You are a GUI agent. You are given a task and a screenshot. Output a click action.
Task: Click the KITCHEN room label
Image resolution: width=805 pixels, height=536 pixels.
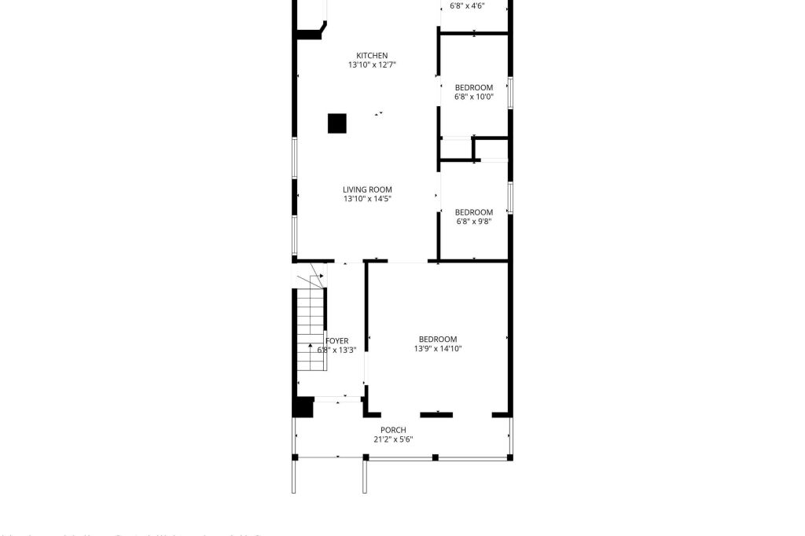pyautogui.click(x=372, y=55)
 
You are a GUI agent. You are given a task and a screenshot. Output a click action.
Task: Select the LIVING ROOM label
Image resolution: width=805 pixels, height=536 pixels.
pyautogui.click(x=367, y=189)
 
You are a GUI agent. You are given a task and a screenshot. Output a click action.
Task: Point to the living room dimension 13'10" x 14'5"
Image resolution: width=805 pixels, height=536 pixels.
pyautogui.click(x=367, y=200)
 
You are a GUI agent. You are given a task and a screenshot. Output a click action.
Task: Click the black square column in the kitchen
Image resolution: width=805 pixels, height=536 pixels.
pyautogui.click(x=337, y=123)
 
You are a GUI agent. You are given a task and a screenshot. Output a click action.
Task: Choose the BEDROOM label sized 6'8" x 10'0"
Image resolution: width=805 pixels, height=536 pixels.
pyautogui.click(x=474, y=87)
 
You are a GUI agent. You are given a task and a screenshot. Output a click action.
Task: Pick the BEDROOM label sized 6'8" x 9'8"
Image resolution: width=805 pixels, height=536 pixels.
pyautogui.click(x=474, y=212)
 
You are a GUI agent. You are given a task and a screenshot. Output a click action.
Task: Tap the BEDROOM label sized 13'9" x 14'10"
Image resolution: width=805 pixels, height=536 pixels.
pyautogui.click(x=438, y=339)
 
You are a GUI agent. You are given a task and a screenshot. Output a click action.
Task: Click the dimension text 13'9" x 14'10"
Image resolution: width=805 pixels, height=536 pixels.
pyautogui.click(x=438, y=349)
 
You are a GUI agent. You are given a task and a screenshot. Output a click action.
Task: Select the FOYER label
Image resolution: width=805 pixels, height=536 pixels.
pyautogui.click(x=337, y=341)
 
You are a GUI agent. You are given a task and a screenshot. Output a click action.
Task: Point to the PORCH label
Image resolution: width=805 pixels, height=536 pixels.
pyautogui.click(x=393, y=430)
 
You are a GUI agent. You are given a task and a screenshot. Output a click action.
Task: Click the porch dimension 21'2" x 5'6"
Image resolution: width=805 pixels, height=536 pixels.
pyautogui.click(x=393, y=439)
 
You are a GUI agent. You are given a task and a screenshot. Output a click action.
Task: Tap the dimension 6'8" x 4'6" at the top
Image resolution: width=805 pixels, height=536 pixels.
pyautogui.click(x=467, y=6)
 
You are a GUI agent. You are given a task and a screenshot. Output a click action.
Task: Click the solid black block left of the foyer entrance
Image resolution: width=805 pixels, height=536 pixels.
pyautogui.click(x=303, y=407)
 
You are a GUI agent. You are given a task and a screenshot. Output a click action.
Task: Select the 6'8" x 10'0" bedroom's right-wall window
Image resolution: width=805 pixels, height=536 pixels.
pyautogui.click(x=510, y=93)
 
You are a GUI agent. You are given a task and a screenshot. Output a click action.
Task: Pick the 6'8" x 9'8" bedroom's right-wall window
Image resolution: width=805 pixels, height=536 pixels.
pyautogui.click(x=510, y=197)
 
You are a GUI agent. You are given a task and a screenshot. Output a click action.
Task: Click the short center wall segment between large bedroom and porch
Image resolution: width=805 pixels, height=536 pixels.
pyautogui.click(x=436, y=414)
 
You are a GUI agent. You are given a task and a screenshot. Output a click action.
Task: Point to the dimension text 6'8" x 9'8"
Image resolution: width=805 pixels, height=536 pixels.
pyautogui.click(x=474, y=222)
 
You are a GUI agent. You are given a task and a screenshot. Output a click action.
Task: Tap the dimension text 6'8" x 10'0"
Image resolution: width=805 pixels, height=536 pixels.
pyautogui.click(x=474, y=97)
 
